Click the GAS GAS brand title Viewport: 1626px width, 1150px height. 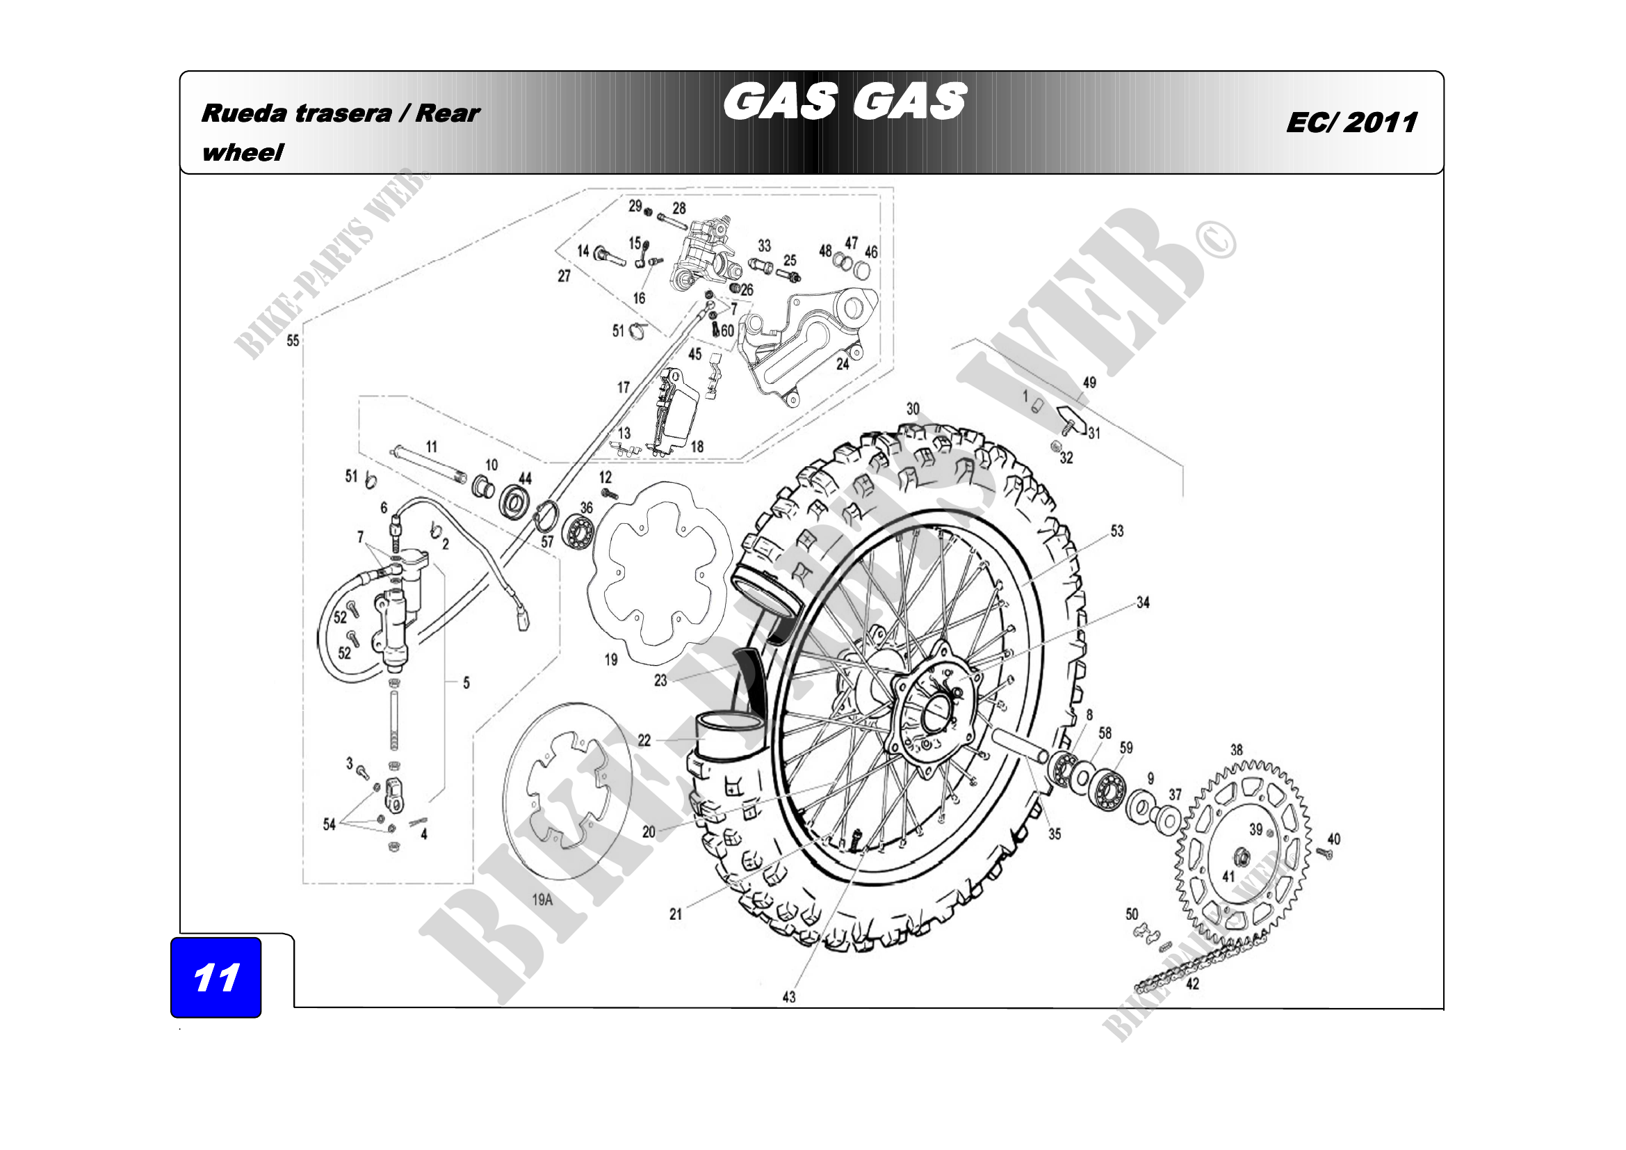click(x=845, y=102)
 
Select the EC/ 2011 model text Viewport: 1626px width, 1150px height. click(x=1352, y=122)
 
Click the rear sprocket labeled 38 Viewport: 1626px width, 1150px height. click(x=1244, y=854)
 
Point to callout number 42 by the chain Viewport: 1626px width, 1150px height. click(x=1193, y=984)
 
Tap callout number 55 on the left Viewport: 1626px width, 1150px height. click(x=293, y=341)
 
